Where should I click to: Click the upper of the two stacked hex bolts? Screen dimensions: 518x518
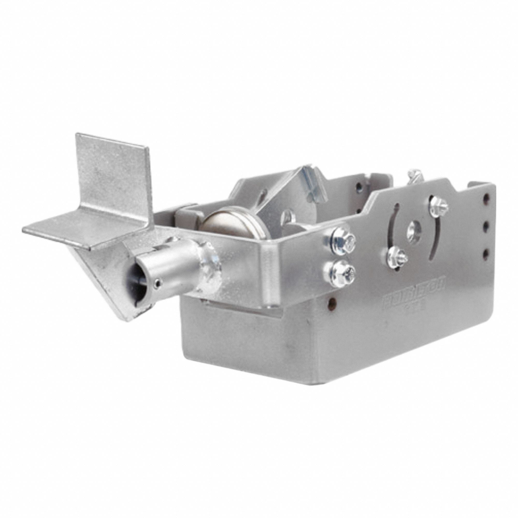343,240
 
